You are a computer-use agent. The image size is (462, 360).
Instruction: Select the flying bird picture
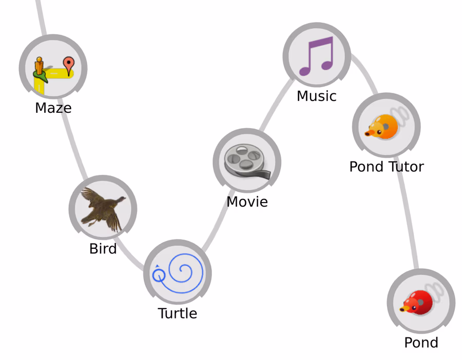(x=103, y=209)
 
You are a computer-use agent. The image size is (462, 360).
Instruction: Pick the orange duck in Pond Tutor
(x=382, y=127)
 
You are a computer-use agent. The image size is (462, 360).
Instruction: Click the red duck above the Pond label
(x=416, y=302)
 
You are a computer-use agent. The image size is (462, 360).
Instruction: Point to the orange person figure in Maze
(x=39, y=67)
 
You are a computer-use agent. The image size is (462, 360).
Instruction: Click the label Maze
(x=53, y=108)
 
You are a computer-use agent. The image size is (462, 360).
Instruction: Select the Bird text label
(x=103, y=249)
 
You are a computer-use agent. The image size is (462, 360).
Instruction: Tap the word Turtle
(x=178, y=313)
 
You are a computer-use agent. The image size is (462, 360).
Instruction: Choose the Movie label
(x=247, y=202)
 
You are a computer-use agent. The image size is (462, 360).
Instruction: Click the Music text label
(x=316, y=96)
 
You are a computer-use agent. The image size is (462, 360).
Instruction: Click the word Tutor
(x=406, y=167)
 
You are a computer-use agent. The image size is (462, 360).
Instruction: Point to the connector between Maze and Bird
(x=74, y=144)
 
